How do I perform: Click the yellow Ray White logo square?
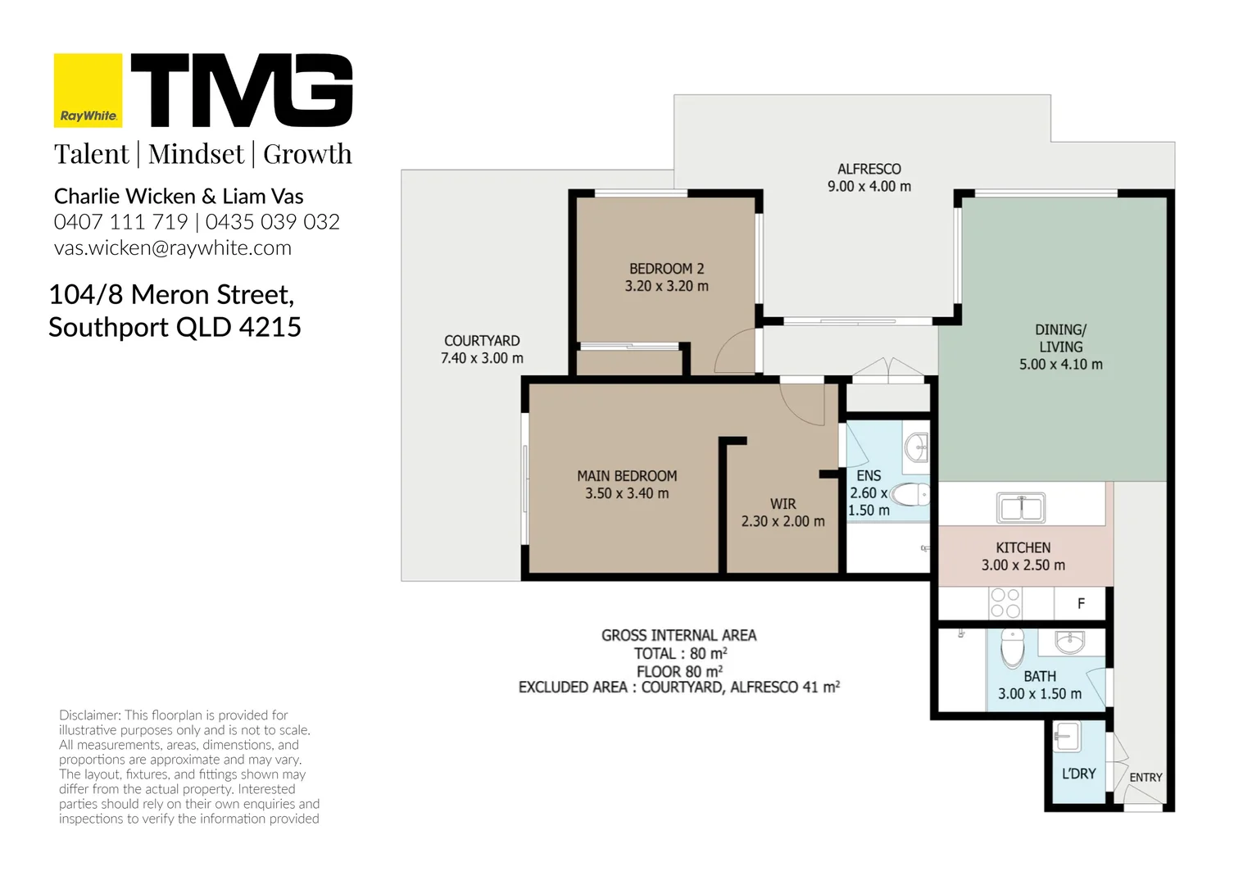pyautogui.click(x=88, y=90)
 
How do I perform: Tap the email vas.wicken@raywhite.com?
pyautogui.click(x=173, y=247)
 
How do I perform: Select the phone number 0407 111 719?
pyautogui.click(x=120, y=222)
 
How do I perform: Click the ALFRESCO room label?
pyautogui.click(x=869, y=169)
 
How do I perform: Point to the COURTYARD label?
pyautogui.click(x=482, y=340)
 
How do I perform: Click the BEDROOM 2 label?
pyautogui.click(x=666, y=268)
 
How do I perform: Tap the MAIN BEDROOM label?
pyautogui.click(x=627, y=476)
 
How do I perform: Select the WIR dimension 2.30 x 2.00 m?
pyautogui.click(x=782, y=521)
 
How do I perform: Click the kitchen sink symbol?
pyautogui.click(x=1021, y=507)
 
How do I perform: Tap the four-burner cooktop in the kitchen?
pyautogui.click(x=1005, y=603)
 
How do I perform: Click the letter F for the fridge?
pyautogui.click(x=1081, y=603)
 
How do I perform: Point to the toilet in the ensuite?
pyautogui.click(x=910, y=495)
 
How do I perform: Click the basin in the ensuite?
pyautogui.click(x=917, y=447)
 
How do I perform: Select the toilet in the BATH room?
pyautogui.click(x=1012, y=648)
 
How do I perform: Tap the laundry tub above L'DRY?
pyautogui.click(x=1067, y=737)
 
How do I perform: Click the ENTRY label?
pyautogui.click(x=1145, y=777)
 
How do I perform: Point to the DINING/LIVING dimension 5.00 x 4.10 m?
pyautogui.click(x=1060, y=364)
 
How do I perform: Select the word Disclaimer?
pyautogui.click(x=89, y=715)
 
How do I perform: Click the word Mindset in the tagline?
pyautogui.click(x=196, y=153)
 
